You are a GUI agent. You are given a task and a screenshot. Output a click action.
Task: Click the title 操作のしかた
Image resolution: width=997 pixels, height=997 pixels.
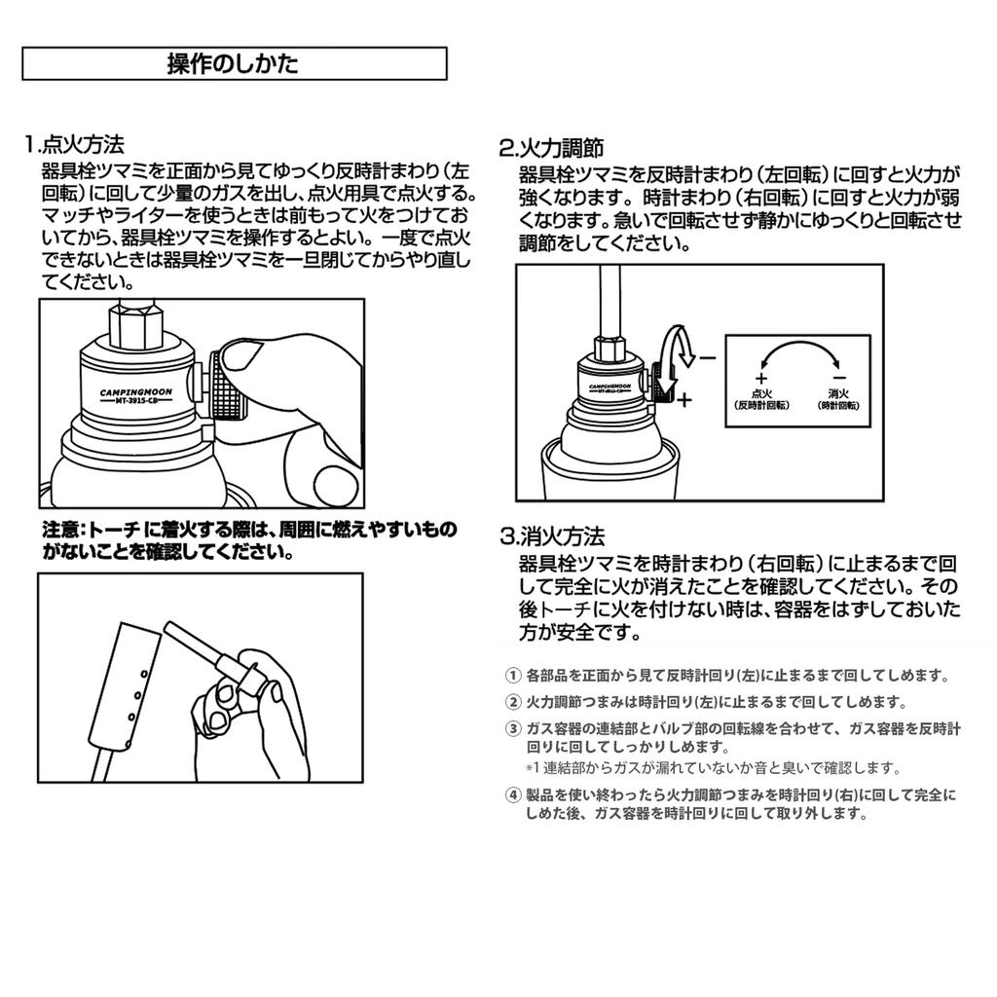point(233,63)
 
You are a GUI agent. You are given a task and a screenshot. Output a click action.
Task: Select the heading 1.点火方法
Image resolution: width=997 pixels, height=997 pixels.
point(74,144)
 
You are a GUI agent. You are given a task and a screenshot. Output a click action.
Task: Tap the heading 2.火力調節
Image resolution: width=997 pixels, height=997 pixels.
point(551,148)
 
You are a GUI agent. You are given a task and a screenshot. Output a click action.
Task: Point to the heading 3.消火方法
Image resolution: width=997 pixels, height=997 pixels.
point(552,536)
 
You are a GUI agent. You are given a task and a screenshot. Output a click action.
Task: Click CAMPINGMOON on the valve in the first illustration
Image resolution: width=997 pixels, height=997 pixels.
point(136,392)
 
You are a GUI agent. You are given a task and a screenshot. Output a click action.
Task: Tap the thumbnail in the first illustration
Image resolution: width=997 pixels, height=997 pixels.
point(239,358)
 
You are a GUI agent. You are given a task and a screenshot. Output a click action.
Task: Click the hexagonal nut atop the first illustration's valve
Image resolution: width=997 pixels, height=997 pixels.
point(134,325)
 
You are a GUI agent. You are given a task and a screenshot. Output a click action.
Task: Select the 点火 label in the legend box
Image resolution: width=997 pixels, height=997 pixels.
point(761,393)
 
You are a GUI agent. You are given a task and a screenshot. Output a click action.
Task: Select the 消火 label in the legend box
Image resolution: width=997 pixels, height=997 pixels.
point(838,393)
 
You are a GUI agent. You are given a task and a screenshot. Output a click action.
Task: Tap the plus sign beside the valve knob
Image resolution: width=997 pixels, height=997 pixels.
point(684,400)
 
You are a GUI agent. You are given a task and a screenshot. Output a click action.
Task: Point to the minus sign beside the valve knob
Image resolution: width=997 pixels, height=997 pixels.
point(707,358)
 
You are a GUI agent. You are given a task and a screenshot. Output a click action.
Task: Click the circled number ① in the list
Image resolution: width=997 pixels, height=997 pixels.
point(512,676)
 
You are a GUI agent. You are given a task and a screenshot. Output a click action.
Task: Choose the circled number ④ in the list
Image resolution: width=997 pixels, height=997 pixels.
point(512,794)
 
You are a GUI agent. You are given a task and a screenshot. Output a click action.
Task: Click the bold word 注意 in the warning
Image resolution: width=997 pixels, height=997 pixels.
point(60,529)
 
